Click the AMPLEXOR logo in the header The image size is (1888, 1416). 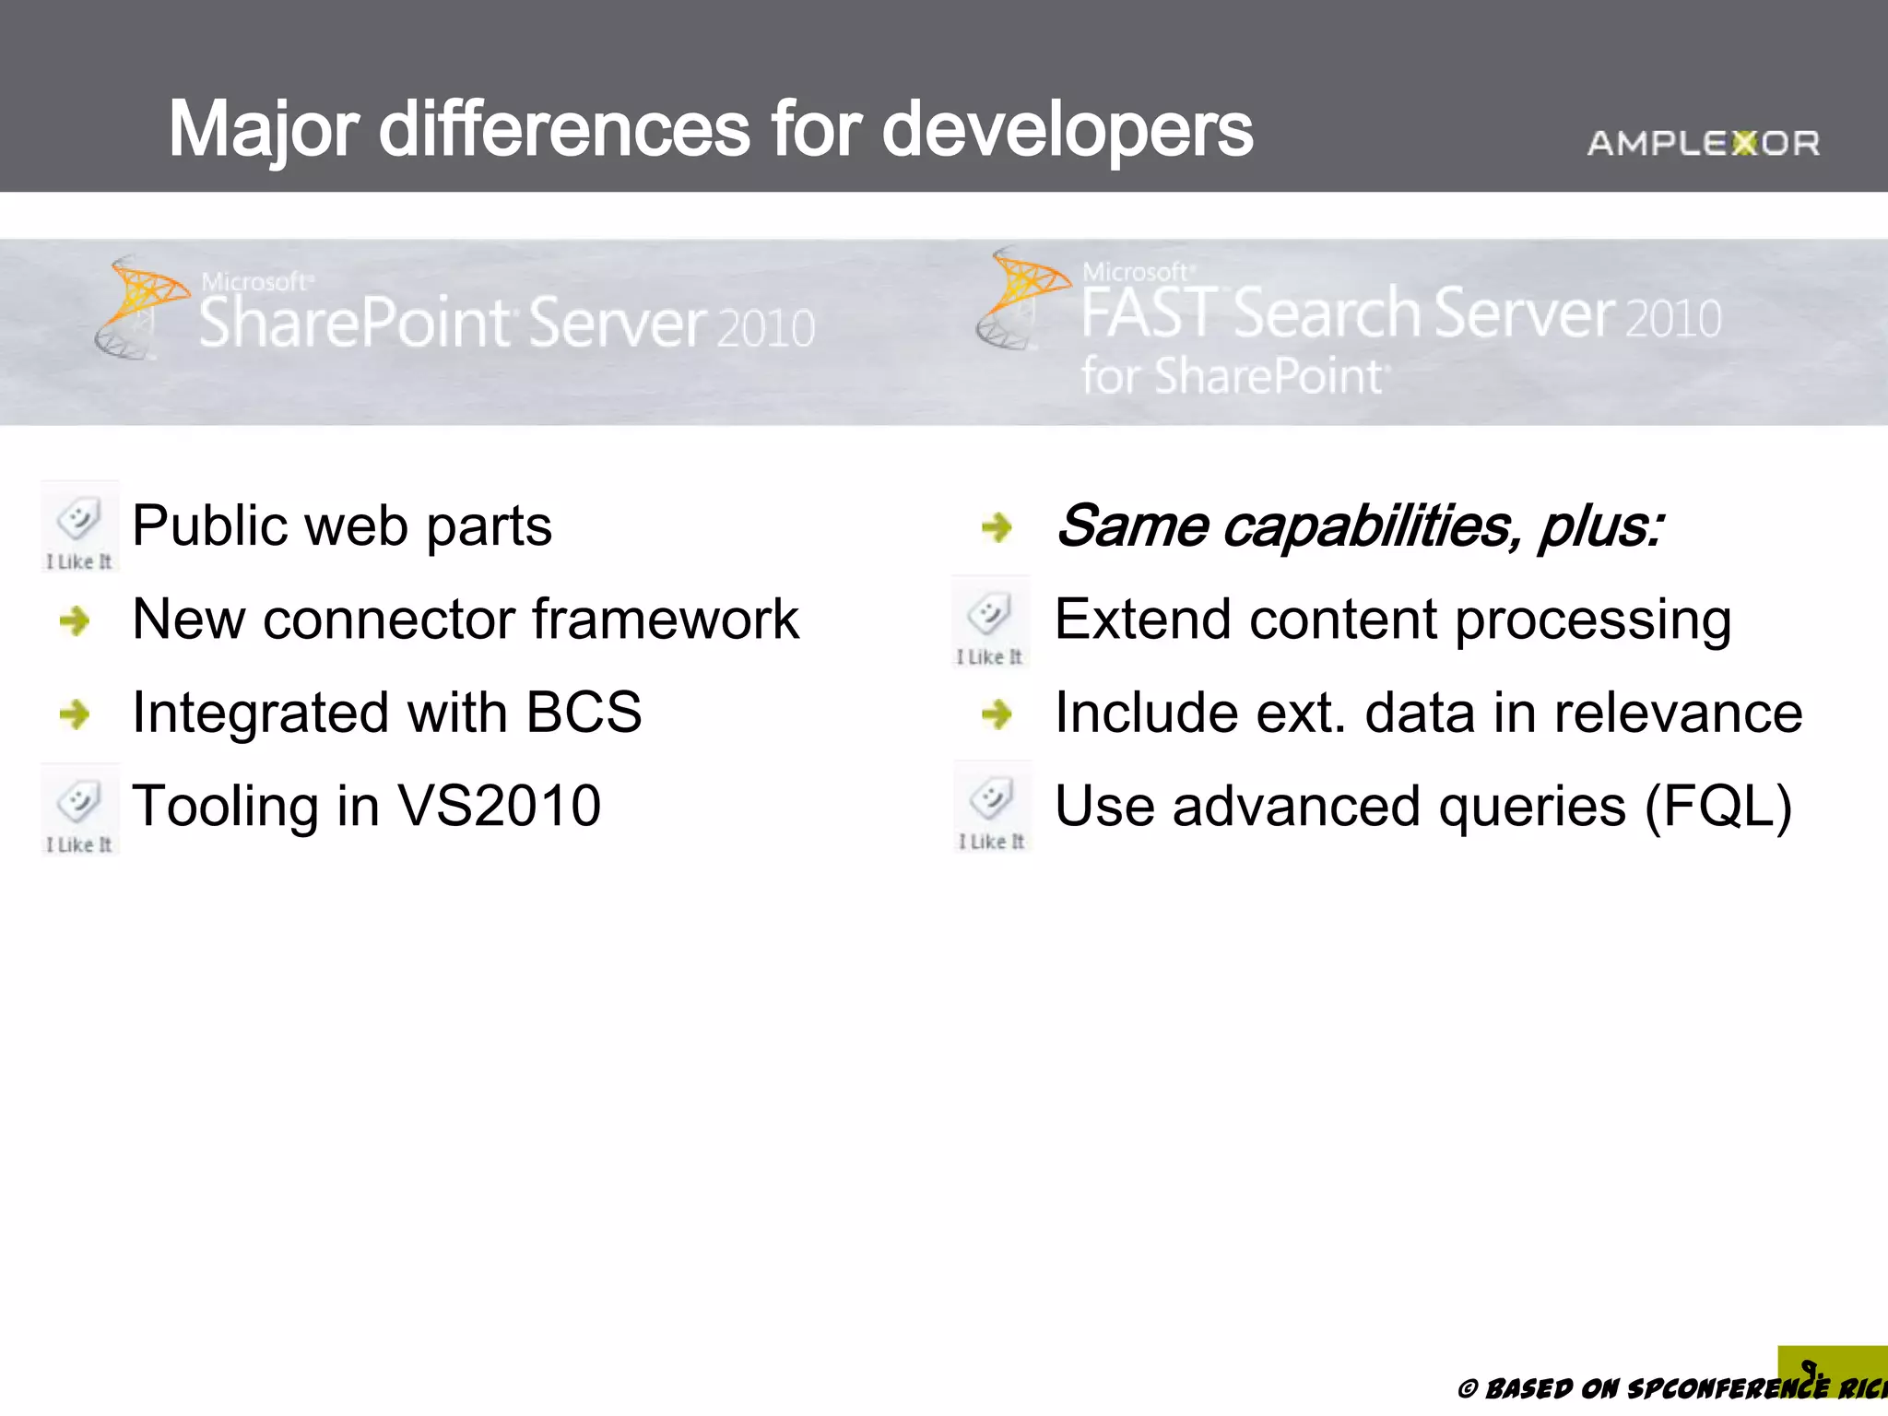[1703, 143]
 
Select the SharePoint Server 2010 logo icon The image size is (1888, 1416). [138, 307]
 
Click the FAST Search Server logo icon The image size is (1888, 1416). [1020, 297]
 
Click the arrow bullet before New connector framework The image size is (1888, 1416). [75, 620]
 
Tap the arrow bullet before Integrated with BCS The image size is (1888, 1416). [75, 714]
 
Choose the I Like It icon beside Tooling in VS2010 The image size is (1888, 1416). [79, 809]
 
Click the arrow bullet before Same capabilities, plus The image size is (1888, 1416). [997, 527]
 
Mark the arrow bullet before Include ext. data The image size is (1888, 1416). [997, 714]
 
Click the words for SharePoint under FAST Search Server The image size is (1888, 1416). [1233, 376]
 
